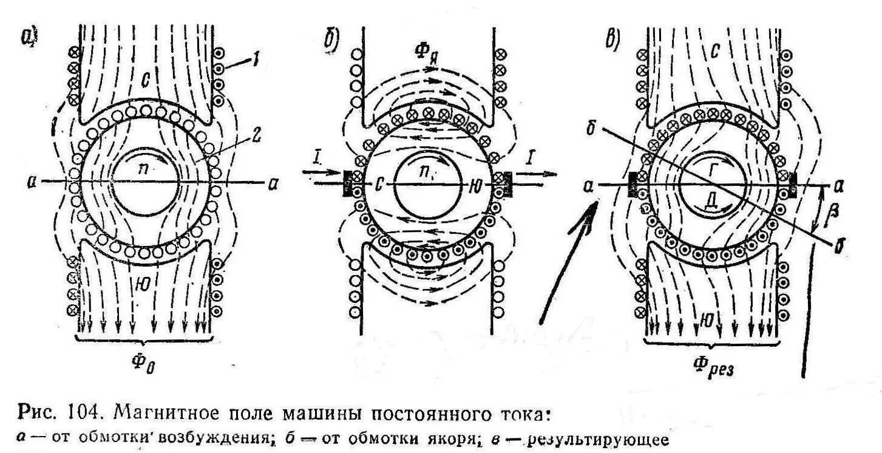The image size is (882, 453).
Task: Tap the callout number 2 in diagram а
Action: (x=257, y=138)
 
